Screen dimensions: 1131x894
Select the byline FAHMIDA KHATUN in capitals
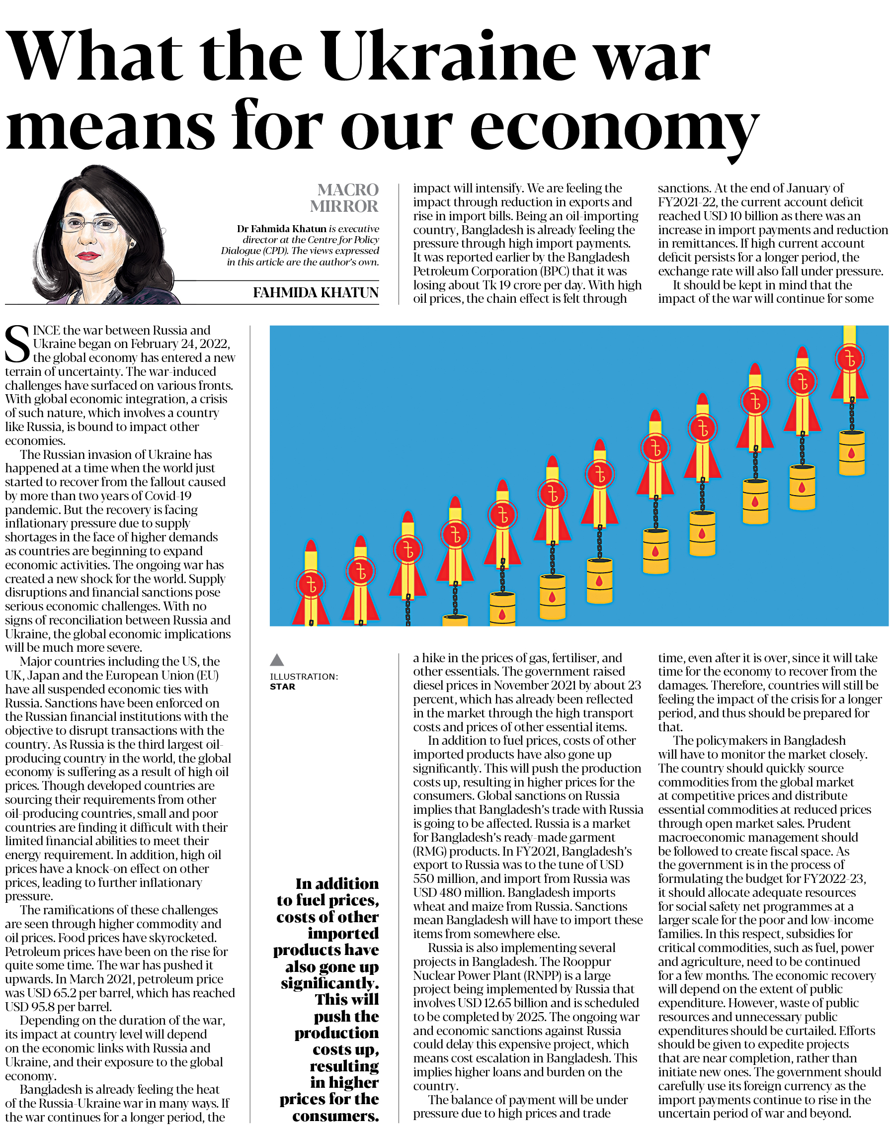[x=316, y=293]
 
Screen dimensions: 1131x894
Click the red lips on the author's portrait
[x=87, y=256]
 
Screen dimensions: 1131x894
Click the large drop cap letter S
[x=17, y=344]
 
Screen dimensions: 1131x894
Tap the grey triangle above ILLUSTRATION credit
[x=277, y=660]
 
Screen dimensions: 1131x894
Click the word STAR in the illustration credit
[x=283, y=687]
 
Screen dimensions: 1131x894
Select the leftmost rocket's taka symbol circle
[x=311, y=584]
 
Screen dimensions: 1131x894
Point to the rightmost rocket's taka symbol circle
[x=849, y=359]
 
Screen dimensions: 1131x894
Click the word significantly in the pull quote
[x=330, y=983]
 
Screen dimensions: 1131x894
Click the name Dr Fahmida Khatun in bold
[x=282, y=229]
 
